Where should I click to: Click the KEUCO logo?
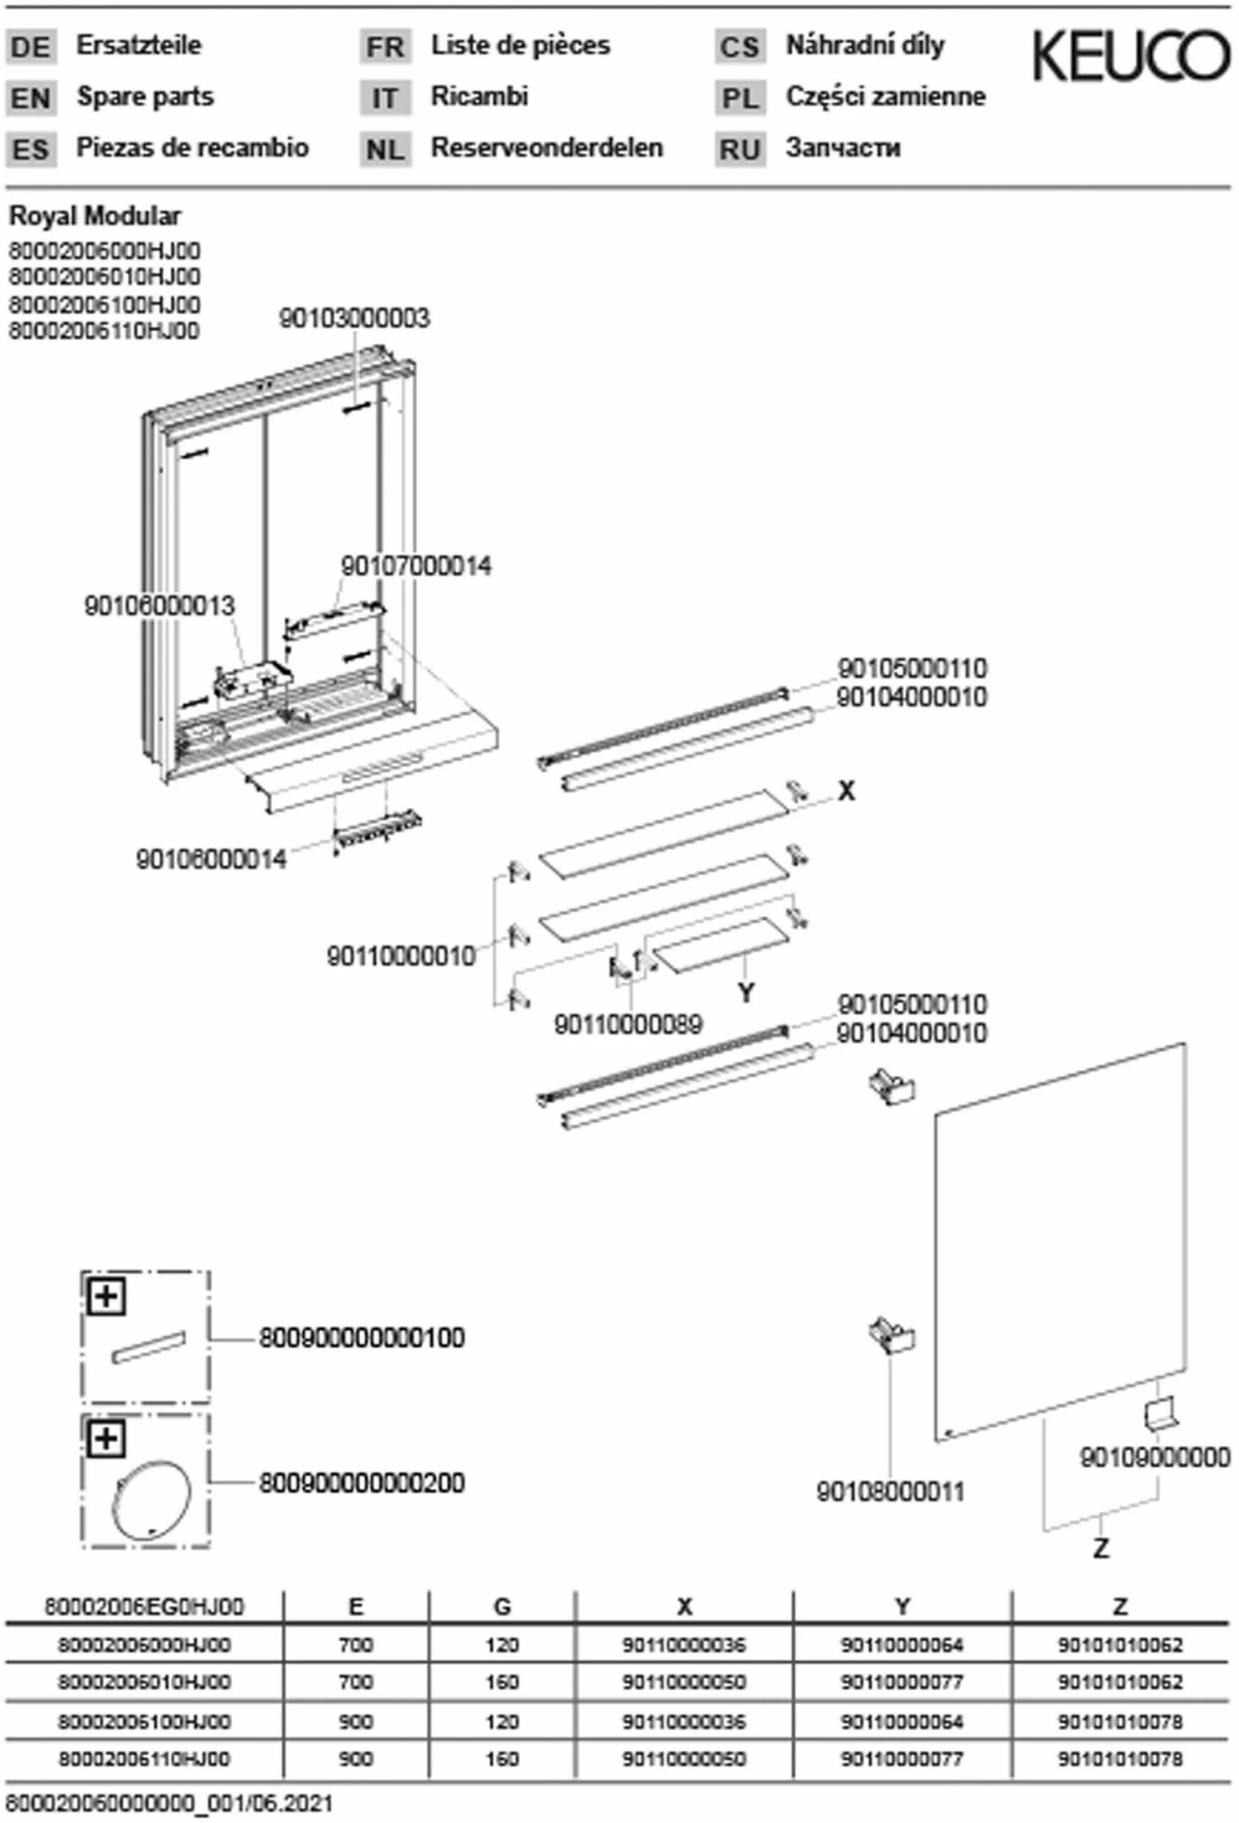pos(1130,56)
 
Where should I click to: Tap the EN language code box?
pos(31,98)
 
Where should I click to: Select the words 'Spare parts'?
pos(145,97)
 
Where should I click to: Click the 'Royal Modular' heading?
pos(94,216)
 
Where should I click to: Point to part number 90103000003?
pos(354,318)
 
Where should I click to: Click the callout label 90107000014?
pos(415,566)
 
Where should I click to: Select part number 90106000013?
pos(159,606)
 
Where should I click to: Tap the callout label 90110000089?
pos(628,1025)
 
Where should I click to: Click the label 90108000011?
pos(890,1492)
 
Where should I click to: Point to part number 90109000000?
pos(1155,1457)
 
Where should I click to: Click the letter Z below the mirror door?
pos(1101,1548)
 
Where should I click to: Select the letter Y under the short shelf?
pos(746,992)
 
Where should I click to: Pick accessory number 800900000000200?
pos(362,1483)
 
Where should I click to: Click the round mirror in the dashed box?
pos(151,1500)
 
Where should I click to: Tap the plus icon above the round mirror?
pos(106,1439)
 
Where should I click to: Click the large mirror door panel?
pos(1061,1240)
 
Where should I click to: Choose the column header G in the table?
pos(502,1606)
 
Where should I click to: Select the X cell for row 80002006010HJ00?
pos(684,1682)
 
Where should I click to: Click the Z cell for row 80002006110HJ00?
pos(1120,1759)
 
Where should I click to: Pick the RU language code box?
pos(739,150)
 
